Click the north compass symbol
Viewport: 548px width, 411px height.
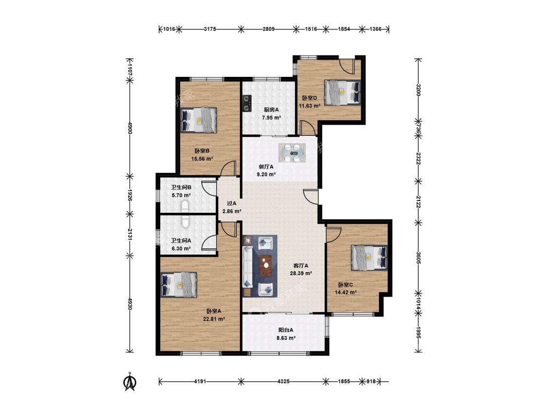131,381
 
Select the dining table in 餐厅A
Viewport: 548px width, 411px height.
293,153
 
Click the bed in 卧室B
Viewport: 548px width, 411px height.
199,120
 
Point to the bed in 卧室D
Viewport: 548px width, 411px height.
342,92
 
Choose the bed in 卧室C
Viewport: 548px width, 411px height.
369,258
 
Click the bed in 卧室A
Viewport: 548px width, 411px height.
179,284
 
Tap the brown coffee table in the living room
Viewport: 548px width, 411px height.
266,266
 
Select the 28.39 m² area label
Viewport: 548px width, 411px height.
301,273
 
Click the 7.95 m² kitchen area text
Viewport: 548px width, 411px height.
271,117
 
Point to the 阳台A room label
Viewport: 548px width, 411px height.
285,330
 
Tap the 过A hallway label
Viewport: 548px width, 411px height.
232,203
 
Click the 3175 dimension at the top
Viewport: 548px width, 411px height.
210,29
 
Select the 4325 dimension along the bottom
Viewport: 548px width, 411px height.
283,381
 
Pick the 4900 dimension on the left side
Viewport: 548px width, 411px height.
130,128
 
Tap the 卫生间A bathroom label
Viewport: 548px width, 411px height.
181,241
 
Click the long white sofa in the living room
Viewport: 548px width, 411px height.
248,266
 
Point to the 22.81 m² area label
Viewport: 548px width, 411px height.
214,319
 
